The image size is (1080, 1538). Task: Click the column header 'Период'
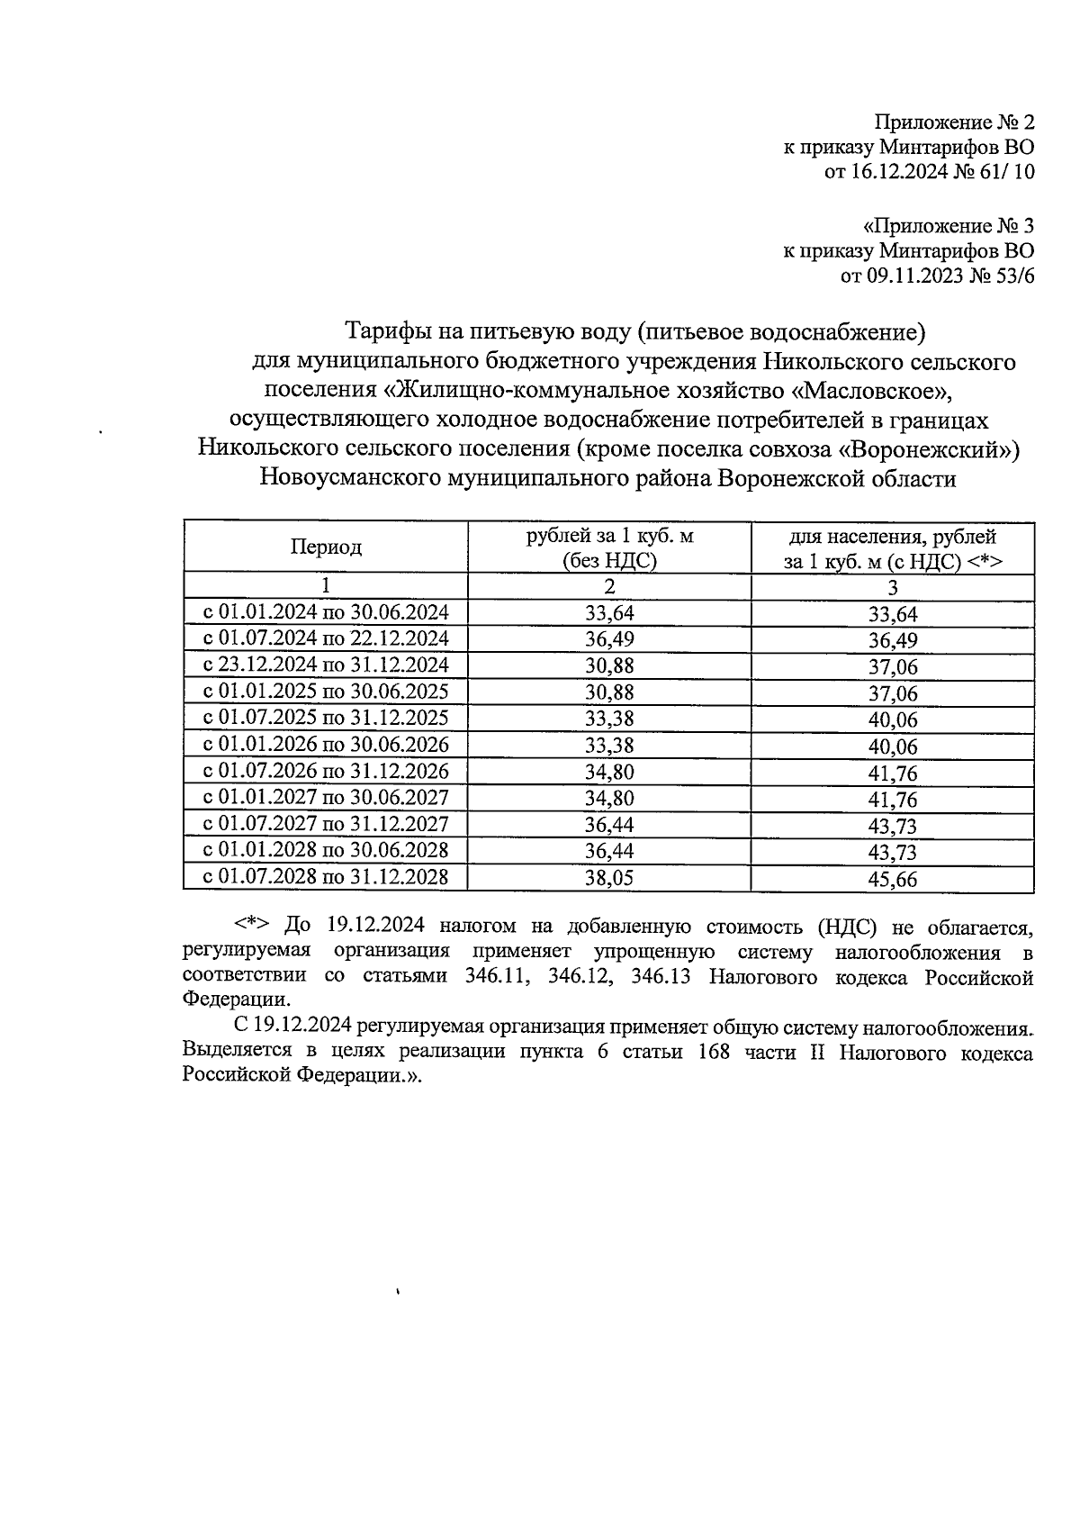pos(326,547)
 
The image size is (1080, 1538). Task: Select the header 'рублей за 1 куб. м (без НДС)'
pos(609,548)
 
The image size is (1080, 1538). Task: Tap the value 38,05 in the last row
pos(609,878)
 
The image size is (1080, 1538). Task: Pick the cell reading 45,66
pos(892,878)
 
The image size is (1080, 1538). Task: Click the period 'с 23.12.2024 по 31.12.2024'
pos(326,665)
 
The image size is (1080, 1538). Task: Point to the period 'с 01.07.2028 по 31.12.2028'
pos(326,876)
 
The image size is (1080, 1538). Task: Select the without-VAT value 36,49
pos(609,639)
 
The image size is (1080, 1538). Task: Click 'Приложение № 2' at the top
pos(955,122)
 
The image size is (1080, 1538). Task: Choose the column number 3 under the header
pos(892,588)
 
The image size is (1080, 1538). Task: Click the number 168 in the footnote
pos(713,1053)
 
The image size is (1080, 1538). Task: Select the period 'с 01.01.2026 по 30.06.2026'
pos(326,745)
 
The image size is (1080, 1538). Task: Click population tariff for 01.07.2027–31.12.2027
pos(892,825)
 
